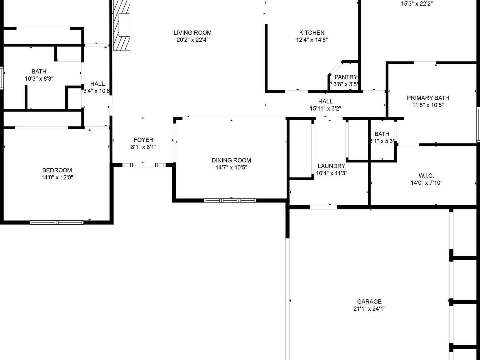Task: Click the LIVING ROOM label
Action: pos(192,32)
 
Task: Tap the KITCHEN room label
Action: pos(312,32)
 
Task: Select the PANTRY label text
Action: pos(346,77)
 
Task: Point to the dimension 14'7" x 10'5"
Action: pos(231,167)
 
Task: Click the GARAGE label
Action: pos(369,302)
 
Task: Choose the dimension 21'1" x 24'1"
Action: pos(369,309)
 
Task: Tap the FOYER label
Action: pos(143,140)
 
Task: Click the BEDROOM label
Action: pos(57,170)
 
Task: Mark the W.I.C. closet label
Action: pos(426,176)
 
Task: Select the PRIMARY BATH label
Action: pos(428,98)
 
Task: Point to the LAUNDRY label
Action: pos(331,166)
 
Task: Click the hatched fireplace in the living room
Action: pos(122,25)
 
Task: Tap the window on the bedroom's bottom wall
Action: pos(57,222)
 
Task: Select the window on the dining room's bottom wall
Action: pos(230,201)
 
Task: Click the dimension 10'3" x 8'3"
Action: pos(39,79)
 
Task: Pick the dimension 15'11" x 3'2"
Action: pos(325,108)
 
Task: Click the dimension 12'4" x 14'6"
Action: pos(312,40)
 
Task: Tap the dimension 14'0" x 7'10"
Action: pos(426,183)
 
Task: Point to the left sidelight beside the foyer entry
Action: pos(127,165)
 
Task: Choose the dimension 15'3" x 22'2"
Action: pos(417,4)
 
